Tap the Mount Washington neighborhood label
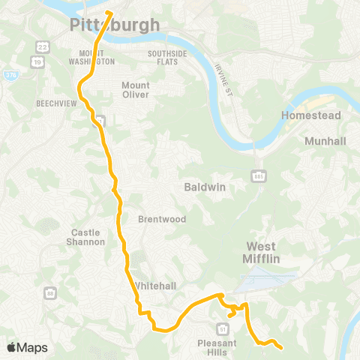point(97,57)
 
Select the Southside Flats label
point(171,57)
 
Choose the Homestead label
point(310,115)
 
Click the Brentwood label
point(156,219)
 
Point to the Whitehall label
point(155,286)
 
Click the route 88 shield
point(49,291)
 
